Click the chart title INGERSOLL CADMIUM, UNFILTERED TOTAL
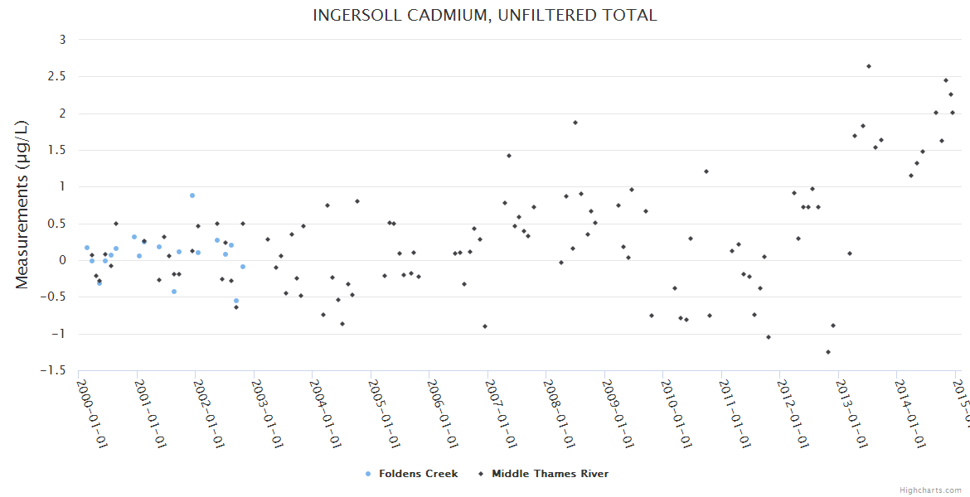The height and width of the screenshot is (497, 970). [x=485, y=16]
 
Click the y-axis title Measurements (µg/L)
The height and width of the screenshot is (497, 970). [x=22, y=205]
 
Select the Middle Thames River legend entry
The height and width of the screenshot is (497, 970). [x=550, y=474]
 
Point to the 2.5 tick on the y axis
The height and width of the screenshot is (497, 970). [x=57, y=76]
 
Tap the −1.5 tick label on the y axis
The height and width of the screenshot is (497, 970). [x=55, y=370]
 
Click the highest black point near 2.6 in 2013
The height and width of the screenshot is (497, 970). [x=868, y=66]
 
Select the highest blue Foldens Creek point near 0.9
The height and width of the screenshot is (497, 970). [x=192, y=195]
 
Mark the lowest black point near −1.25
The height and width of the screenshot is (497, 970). [x=827, y=352]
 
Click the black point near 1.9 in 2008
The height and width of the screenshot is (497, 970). [x=575, y=123]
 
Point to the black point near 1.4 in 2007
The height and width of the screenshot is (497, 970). [x=508, y=156]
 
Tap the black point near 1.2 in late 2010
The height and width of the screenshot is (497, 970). [x=706, y=171]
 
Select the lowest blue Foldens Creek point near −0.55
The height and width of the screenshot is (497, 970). [x=235, y=301]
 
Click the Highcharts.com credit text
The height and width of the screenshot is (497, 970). [x=930, y=490]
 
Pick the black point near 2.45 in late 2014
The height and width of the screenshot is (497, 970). [x=945, y=80]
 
